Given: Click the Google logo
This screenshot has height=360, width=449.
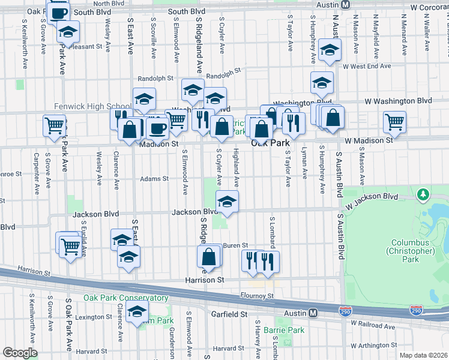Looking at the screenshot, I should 20,353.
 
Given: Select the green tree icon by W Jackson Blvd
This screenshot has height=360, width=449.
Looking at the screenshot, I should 424,194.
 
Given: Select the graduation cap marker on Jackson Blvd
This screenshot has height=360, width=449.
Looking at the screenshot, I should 227,202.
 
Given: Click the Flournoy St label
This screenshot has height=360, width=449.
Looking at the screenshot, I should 258,296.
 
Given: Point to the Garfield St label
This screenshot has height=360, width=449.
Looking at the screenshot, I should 227,314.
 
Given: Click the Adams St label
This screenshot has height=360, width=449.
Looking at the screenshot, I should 154,178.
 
